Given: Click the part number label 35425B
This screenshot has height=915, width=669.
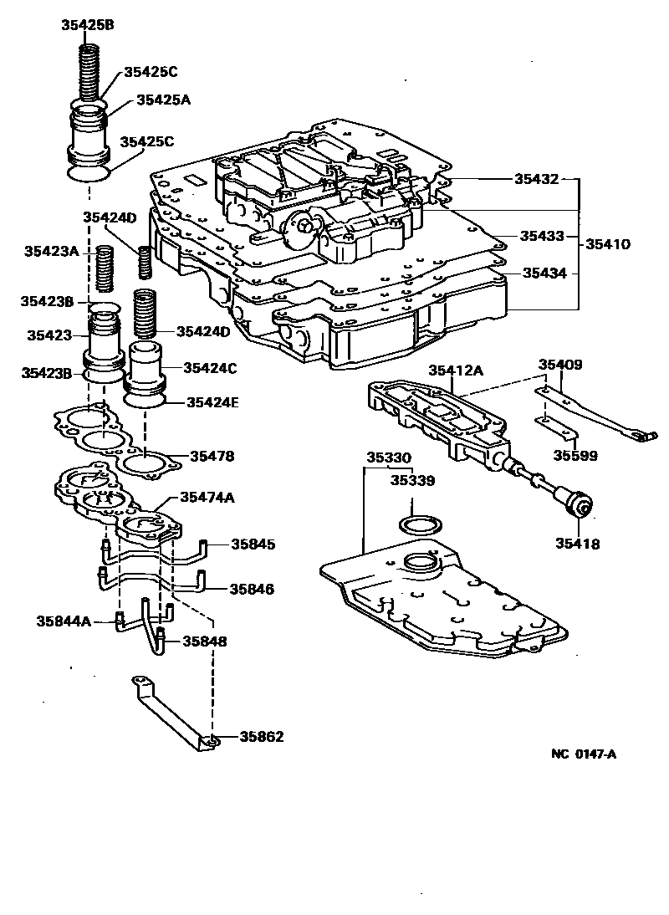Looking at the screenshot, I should (x=88, y=24).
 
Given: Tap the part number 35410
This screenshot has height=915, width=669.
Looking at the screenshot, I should (x=608, y=244).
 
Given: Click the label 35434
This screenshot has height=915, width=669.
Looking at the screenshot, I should (x=545, y=273).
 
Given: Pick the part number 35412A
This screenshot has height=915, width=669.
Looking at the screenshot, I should (x=457, y=370).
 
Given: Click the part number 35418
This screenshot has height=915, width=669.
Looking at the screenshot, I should (x=577, y=544).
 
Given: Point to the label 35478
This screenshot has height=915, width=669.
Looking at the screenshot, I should (x=212, y=457).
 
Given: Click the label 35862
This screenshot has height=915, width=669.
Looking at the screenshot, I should (x=261, y=737).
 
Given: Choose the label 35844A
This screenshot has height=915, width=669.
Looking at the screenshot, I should (x=64, y=621).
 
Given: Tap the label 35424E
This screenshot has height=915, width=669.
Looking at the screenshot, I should (x=212, y=402).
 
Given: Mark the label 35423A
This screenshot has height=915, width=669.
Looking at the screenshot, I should (x=51, y=250).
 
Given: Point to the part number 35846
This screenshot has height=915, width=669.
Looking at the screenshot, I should (x=252, y=589).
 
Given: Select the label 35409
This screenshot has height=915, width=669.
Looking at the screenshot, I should (x=559, y=365).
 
